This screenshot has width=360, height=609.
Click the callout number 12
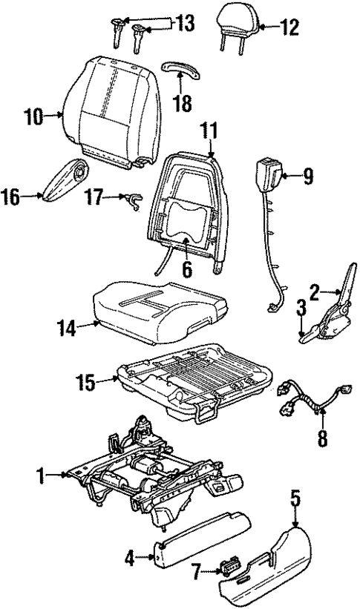click(290, 28)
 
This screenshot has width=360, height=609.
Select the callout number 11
click(210, 133)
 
